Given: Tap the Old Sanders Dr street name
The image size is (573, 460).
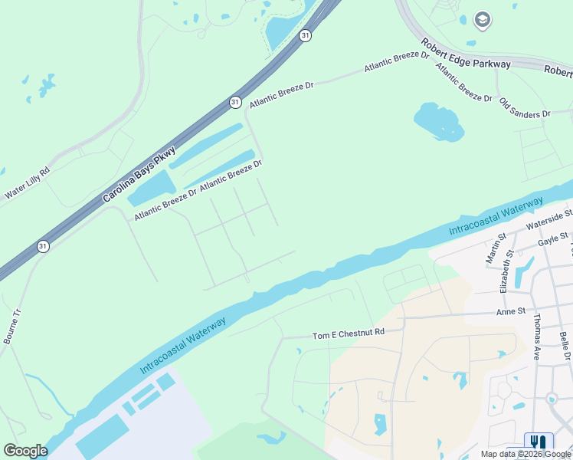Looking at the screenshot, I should click(525, 107).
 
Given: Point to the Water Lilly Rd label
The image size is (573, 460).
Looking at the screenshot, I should click(27, 184).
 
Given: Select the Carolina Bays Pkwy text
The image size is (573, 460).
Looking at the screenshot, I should click(139, 175).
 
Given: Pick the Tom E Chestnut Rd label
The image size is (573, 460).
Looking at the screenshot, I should click(348, 334).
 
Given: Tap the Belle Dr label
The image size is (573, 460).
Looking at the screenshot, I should click(565, 346).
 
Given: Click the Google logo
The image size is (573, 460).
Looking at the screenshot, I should click(26, 451).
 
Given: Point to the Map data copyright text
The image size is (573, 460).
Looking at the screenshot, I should click(526, 454).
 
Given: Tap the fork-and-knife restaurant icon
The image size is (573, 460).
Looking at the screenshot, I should click(539, 442).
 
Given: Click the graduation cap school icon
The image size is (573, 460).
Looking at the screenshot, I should click(483, 19).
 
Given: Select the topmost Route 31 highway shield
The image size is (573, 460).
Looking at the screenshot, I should click(305, 36).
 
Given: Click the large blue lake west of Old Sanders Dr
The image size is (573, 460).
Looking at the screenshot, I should click(439, 121).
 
